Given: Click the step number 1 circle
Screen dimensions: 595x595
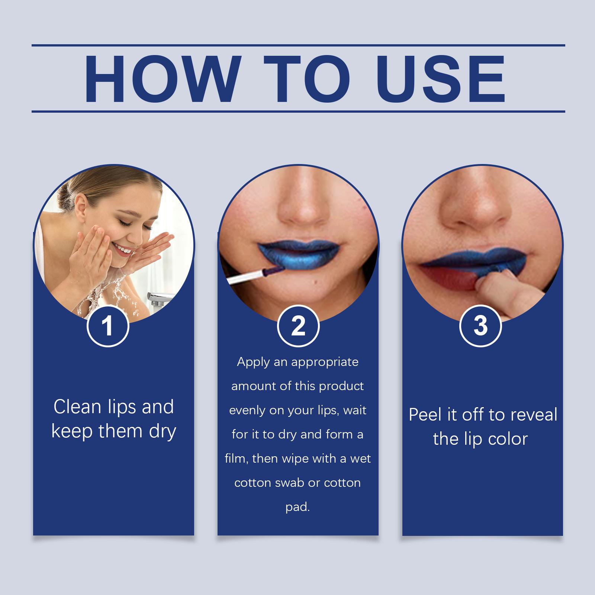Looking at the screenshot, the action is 108,326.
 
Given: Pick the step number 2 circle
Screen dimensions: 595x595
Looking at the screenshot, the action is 298,326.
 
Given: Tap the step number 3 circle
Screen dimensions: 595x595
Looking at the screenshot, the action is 480,325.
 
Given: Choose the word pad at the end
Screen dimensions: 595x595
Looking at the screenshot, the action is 297,507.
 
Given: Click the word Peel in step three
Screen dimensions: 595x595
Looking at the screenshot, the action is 426,415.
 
